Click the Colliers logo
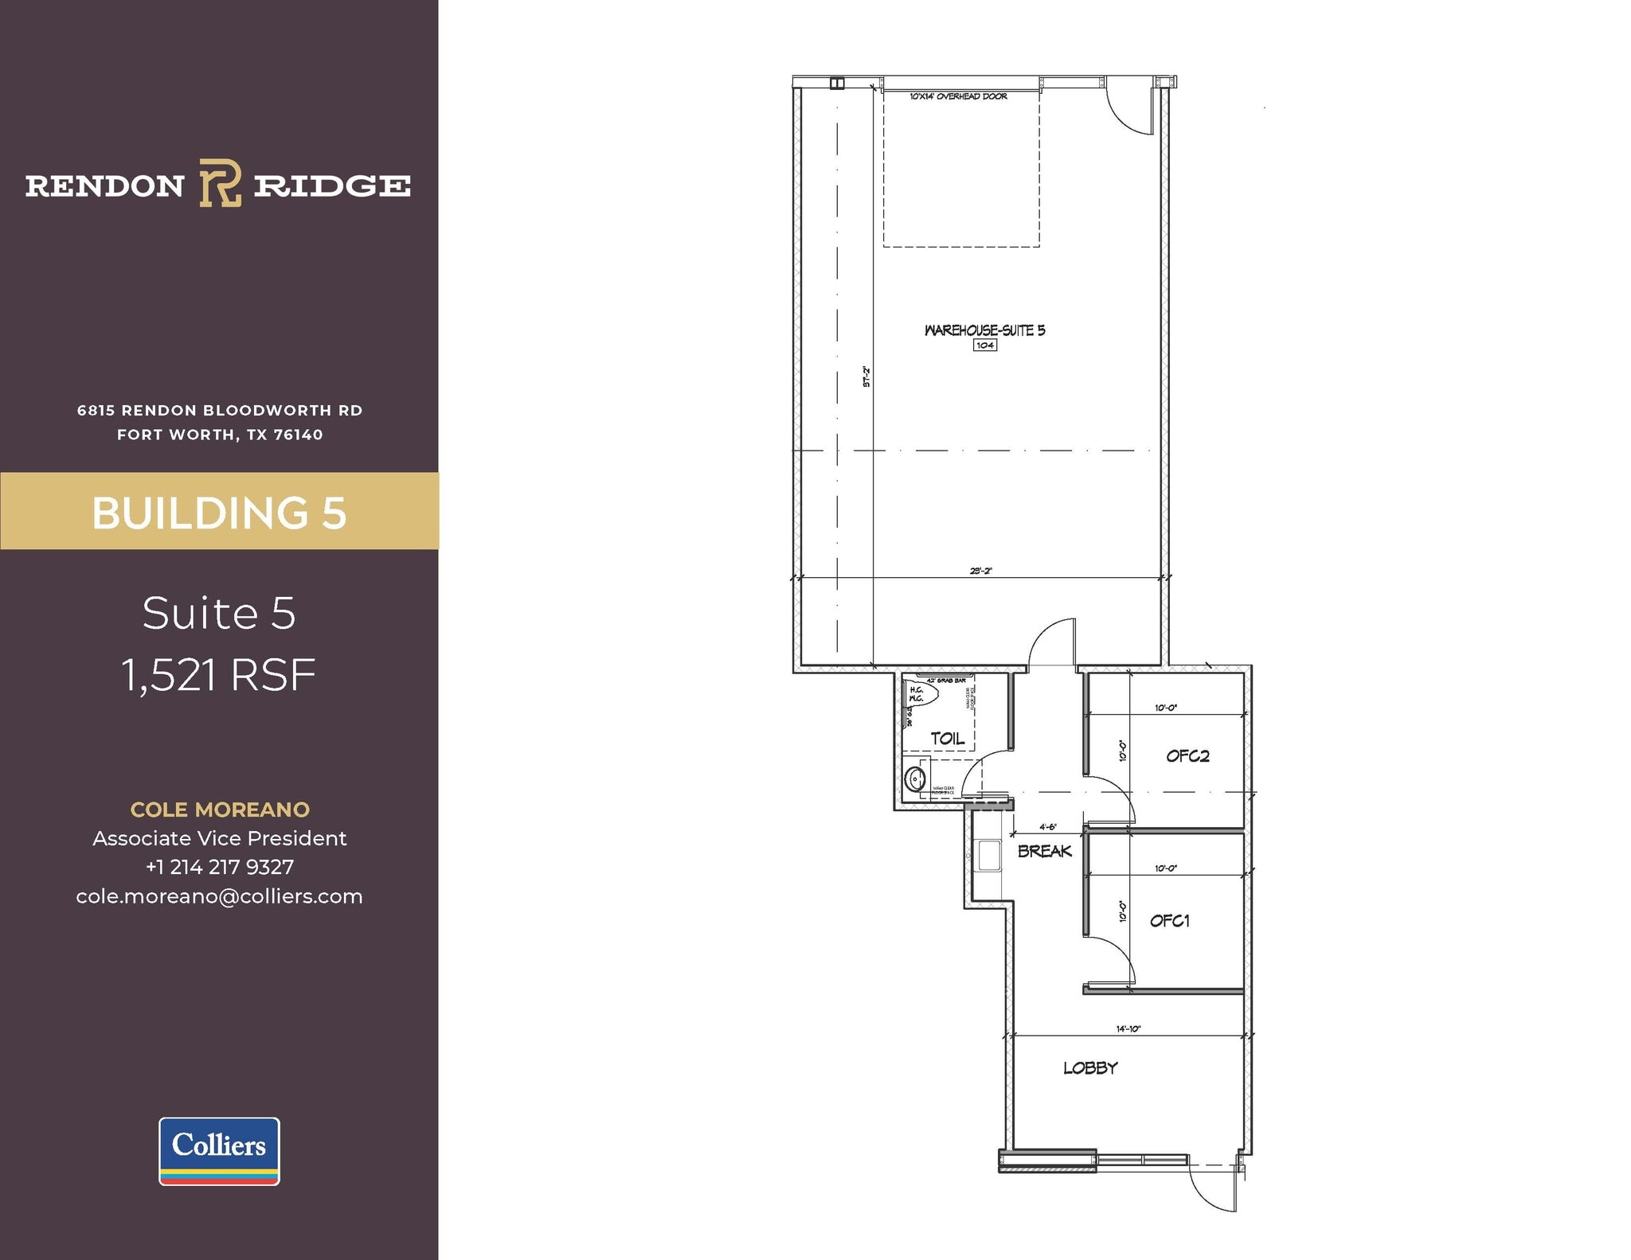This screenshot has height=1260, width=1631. (219, 1151)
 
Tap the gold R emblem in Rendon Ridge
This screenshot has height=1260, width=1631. (220, 183)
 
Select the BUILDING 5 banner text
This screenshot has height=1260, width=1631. (219, 513)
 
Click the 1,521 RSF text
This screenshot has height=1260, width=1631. (219, 675)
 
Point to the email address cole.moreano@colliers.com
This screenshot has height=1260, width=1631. (219, 896)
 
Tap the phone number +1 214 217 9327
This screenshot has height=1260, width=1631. (219, 867)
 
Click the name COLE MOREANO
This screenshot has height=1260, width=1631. (219, 809)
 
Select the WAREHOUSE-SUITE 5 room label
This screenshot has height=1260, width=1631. (984, 330)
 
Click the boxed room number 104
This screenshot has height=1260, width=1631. (985, 345)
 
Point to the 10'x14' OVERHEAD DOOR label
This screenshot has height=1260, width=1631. (958, 96)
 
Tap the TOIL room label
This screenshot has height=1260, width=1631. (948, 739)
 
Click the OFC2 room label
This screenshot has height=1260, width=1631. (1187, 756)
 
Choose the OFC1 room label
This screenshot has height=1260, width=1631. (1170, 921)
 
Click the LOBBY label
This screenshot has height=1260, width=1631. (1090, 1068)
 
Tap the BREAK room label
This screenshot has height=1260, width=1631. (1045, 851)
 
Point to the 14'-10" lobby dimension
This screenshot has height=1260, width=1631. (1128, 1029)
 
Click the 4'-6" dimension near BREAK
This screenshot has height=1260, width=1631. (1047, 827)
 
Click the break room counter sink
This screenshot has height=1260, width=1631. (988, 856)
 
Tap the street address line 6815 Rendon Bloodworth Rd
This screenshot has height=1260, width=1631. (219, 411)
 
